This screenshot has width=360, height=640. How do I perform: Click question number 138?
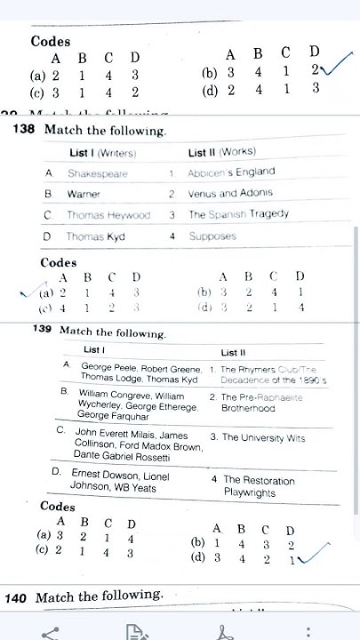click(24, 131)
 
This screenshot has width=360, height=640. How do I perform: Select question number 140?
click(16, 598)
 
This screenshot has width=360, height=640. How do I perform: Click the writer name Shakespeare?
click(97, 174)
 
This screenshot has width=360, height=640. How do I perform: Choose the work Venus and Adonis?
click(230, 193)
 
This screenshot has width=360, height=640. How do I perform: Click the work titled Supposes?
click(212, 236)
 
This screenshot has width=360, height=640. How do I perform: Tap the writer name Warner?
click(84, 194)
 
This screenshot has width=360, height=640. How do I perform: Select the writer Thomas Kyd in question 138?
click(96, 236)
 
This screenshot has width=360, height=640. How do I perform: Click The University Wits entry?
click(257, 437)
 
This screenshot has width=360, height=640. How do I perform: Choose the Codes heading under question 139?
click(58, 507)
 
